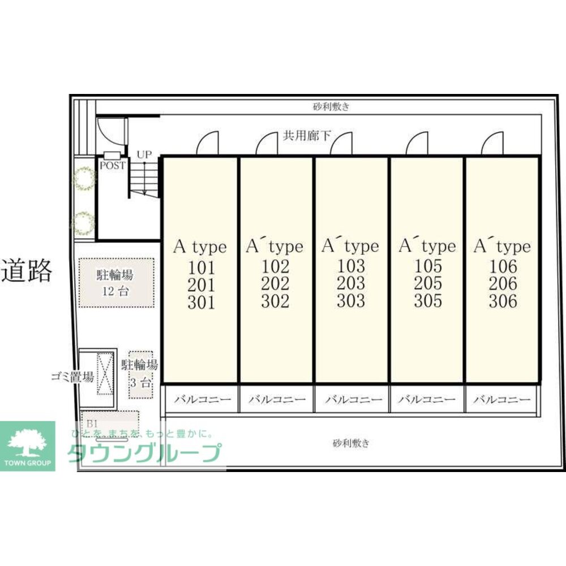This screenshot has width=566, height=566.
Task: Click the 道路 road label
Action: (27, 271)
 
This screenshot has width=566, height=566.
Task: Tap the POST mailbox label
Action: (112, 166)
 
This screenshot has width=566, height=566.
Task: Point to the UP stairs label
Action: (144, 155)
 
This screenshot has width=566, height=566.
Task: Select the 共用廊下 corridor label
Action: (306, 135)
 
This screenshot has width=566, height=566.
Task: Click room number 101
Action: (201, 267)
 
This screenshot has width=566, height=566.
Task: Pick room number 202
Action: (276, 284)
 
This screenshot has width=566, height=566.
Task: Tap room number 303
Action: (351, 301)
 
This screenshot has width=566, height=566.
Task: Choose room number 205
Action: (427, 284)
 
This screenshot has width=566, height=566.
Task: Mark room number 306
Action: (503, 301)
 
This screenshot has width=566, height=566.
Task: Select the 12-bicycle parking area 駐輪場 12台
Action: (116, 282)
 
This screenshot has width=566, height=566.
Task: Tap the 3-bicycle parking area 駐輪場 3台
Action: (140, 374)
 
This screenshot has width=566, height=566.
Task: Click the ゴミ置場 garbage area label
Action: (72, 378)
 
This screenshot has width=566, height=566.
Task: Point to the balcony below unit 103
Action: (351, 400)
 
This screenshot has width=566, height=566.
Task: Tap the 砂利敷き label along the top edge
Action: (331, 106)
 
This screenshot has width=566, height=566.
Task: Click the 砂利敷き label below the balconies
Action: (351, 443)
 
